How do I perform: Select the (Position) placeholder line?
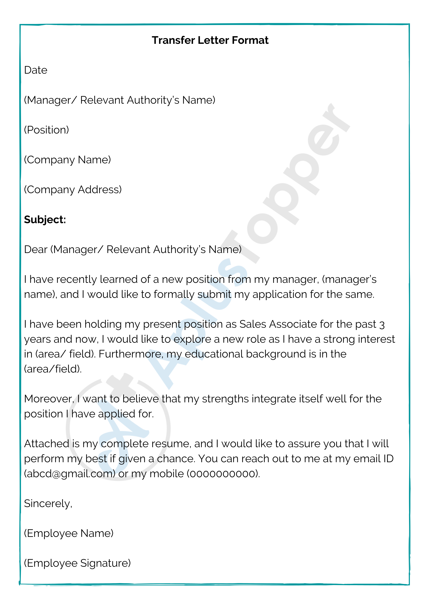(x=46, y=130)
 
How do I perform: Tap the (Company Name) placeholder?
(x=67, y=160)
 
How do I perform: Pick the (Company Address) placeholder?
(x=73, y=190)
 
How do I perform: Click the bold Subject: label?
(x=45, y=220)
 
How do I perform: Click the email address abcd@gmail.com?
(x=70, y=474)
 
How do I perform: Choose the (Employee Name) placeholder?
(x=69, y=533)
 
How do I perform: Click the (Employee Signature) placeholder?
(x=77, y=563)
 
